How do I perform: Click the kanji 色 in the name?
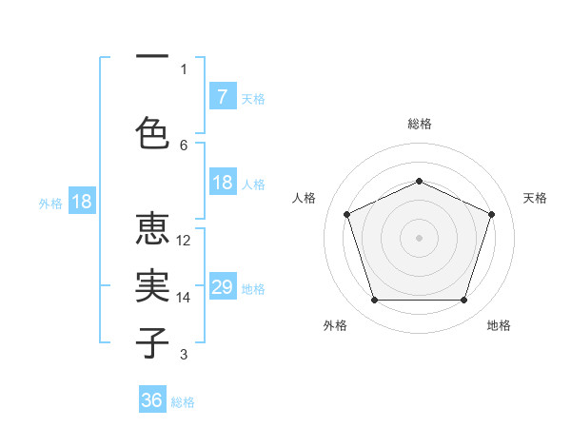click(152, 131)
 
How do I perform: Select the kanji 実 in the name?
click(152, 286)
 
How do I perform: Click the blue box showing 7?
click(222, 97)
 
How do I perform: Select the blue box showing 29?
click(222, 287)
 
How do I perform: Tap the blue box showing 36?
click(152, 400)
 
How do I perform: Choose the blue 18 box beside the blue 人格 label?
click(222, 183)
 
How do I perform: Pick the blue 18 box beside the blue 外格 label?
click(81, 202)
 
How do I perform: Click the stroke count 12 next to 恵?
click(185, 241)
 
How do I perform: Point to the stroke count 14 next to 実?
click(185, 298)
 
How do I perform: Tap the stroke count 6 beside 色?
click(184, 146)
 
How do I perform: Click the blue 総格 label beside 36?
click(183, 402)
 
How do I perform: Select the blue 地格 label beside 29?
click(253, 289)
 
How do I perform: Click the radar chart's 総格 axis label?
click(420, 124)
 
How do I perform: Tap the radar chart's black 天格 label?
click(535, 198)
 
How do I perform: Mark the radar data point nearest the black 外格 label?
click(374, 301)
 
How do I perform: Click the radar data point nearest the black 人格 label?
click(346, 214)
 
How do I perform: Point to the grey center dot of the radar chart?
click(419, 238)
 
